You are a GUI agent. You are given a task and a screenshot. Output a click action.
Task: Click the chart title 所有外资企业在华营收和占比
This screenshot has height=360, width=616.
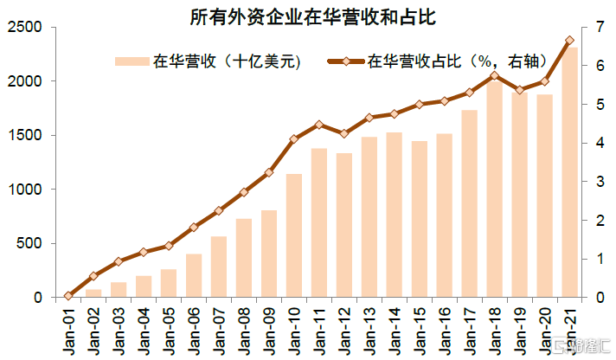312,17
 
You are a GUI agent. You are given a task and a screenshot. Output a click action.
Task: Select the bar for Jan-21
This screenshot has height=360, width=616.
569,172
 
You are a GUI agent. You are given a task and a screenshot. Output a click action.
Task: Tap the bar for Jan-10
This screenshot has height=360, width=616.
294,235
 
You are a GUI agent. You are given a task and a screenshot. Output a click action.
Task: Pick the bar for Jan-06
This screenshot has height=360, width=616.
194,275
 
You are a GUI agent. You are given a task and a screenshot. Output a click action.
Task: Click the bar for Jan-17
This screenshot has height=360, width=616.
470,203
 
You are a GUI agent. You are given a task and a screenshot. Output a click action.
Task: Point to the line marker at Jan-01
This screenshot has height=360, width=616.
68,296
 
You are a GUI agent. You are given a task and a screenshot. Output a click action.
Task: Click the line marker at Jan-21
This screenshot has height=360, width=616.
569,41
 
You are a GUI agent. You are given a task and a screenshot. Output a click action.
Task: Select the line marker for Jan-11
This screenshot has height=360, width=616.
319,125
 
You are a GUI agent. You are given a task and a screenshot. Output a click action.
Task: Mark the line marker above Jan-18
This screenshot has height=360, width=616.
495,75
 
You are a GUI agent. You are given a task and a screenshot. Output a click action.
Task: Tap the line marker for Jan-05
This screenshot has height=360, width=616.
169,246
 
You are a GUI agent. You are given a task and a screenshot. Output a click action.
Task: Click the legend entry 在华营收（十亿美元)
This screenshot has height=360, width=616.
209,61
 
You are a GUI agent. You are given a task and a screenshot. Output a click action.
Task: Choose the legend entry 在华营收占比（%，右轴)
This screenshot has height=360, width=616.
438,61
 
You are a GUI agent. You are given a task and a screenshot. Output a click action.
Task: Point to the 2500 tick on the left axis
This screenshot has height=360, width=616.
24,27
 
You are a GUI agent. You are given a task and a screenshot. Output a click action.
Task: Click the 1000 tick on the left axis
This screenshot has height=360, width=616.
24,189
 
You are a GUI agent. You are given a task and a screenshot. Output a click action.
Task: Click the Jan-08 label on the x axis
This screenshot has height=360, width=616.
244,331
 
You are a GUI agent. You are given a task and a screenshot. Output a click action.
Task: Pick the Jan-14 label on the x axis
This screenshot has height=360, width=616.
394,331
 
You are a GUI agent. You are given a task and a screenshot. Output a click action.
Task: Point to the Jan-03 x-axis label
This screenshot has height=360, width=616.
119,331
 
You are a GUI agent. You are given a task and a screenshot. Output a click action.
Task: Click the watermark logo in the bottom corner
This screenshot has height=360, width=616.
582,346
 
